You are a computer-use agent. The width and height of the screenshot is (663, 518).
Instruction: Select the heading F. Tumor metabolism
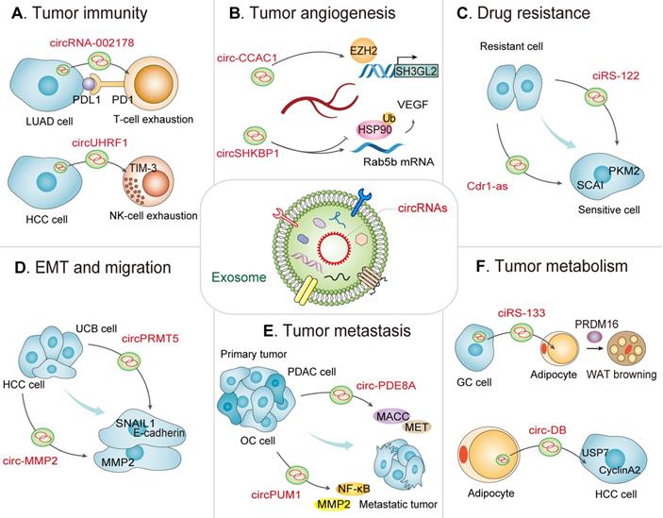click(557, 268)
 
